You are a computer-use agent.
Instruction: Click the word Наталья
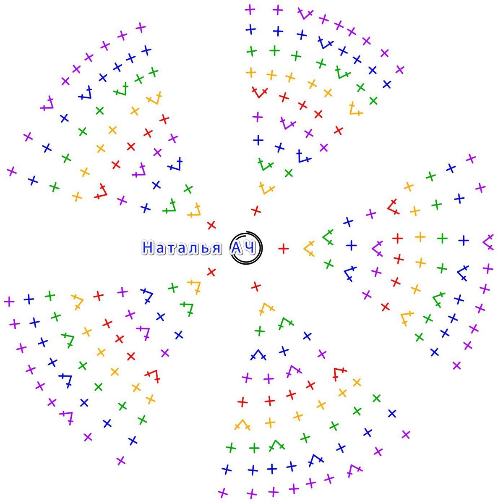click(x=181, y=248)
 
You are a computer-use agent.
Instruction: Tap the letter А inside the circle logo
click(x=238, y=248)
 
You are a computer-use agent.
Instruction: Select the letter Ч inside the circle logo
click(x=250, y=248)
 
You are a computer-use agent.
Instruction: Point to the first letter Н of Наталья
click(x=148, y=248)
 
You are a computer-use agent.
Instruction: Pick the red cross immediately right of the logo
click(x=284, y=249)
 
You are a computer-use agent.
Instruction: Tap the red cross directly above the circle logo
click(x=256, y=210)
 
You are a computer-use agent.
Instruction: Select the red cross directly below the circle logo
click(x=256, y=287)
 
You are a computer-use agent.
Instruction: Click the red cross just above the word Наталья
click(x=211, y=225)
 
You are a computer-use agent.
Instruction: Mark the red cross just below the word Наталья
click(x=211, y=272)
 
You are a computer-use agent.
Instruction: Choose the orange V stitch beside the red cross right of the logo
click(x=310, y=249)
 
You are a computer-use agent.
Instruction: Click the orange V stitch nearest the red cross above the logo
click(x=266, y=189)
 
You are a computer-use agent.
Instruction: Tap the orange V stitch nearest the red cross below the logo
click(x=266, y=310)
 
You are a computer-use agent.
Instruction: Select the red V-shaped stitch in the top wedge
click(x=259, y=92)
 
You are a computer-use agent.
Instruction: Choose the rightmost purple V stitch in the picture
click(x=488, y=242)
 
